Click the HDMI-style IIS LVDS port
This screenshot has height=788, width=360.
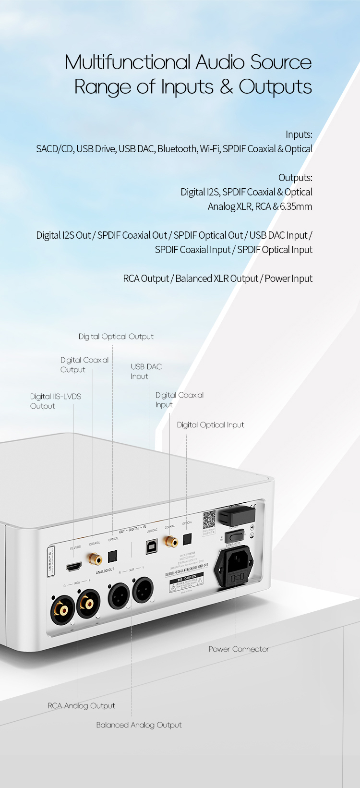[x=73, y=567]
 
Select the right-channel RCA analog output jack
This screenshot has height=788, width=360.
[x=62, y=610]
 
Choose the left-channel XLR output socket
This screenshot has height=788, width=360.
[x=143, y=590]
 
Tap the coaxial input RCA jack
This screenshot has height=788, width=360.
[x=170, y=542]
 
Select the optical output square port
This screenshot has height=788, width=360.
[x=112, y=556]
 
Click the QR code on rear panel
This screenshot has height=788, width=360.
[x=209, y=519]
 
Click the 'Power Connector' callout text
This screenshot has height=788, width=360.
[x=239, y=649]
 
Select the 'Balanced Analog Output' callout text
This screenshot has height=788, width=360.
[x=139, y=725]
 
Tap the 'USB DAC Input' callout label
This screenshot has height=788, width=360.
[x=146, y=371]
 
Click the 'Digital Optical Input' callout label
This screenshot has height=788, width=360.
[x=210, y=425]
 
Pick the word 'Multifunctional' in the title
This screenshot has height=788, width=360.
[x=128, y=62]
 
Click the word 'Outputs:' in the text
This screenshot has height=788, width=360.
[x=295, y=178]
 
